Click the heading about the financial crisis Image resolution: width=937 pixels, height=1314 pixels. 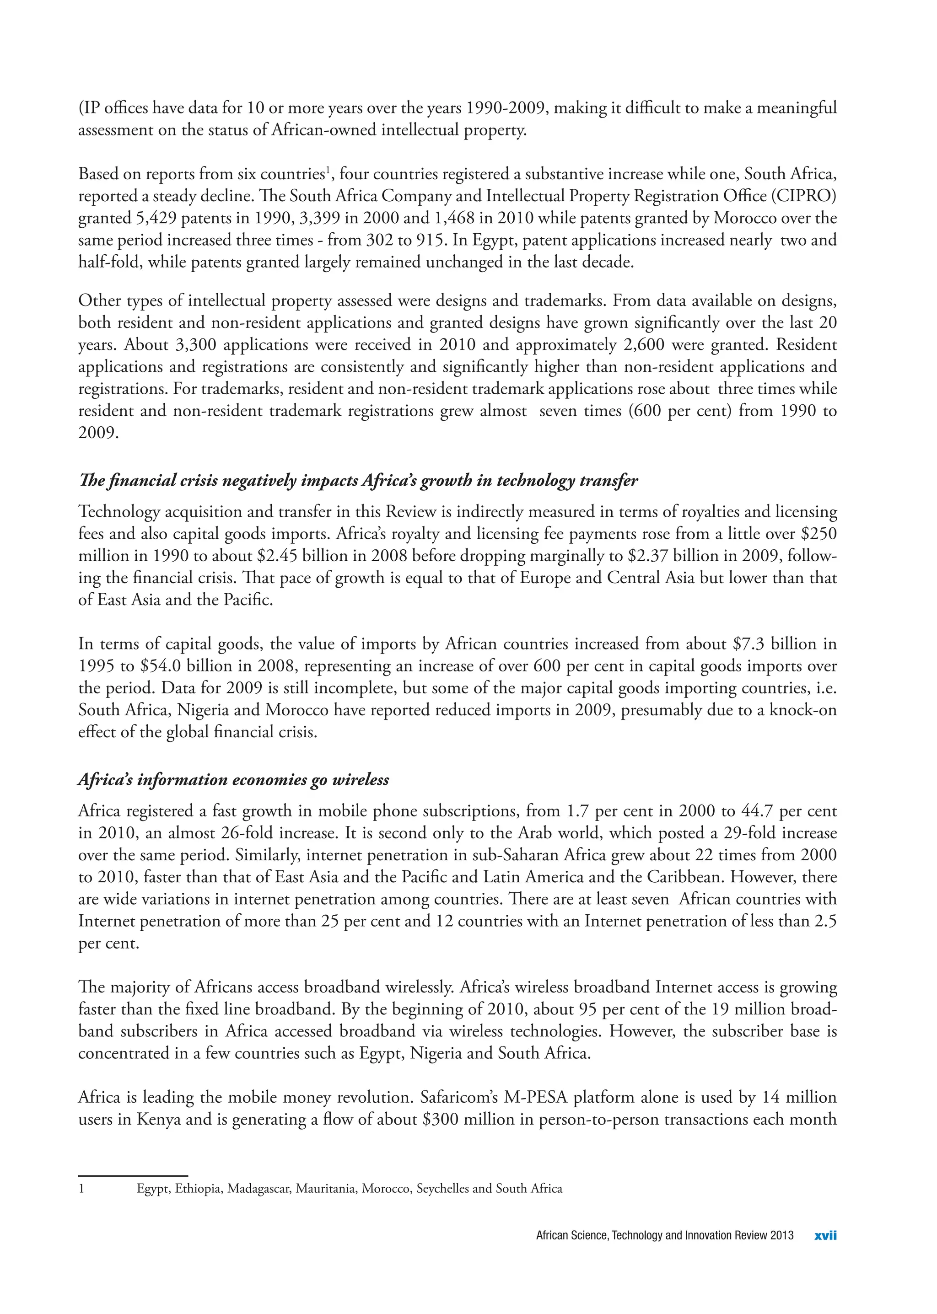[x=358, y=481]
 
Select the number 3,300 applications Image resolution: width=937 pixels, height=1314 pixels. [x=195, y=345]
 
